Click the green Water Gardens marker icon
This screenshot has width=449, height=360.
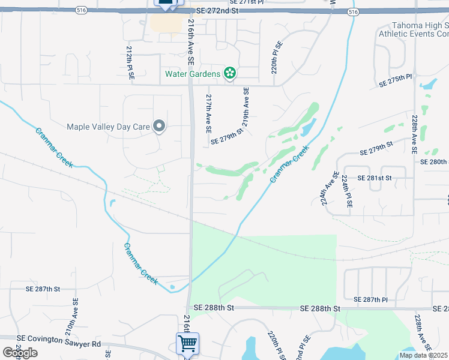(229, 74)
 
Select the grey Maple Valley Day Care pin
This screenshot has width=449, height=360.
(159, 126)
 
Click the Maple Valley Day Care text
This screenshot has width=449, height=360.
(108, 127)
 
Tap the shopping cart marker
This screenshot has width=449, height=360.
(187, 344)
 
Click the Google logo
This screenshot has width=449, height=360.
(19, 353)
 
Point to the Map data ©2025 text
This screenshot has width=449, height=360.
(424, 355)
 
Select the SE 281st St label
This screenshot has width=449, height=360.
(375, 178)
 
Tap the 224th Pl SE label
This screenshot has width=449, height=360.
(347, 191)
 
